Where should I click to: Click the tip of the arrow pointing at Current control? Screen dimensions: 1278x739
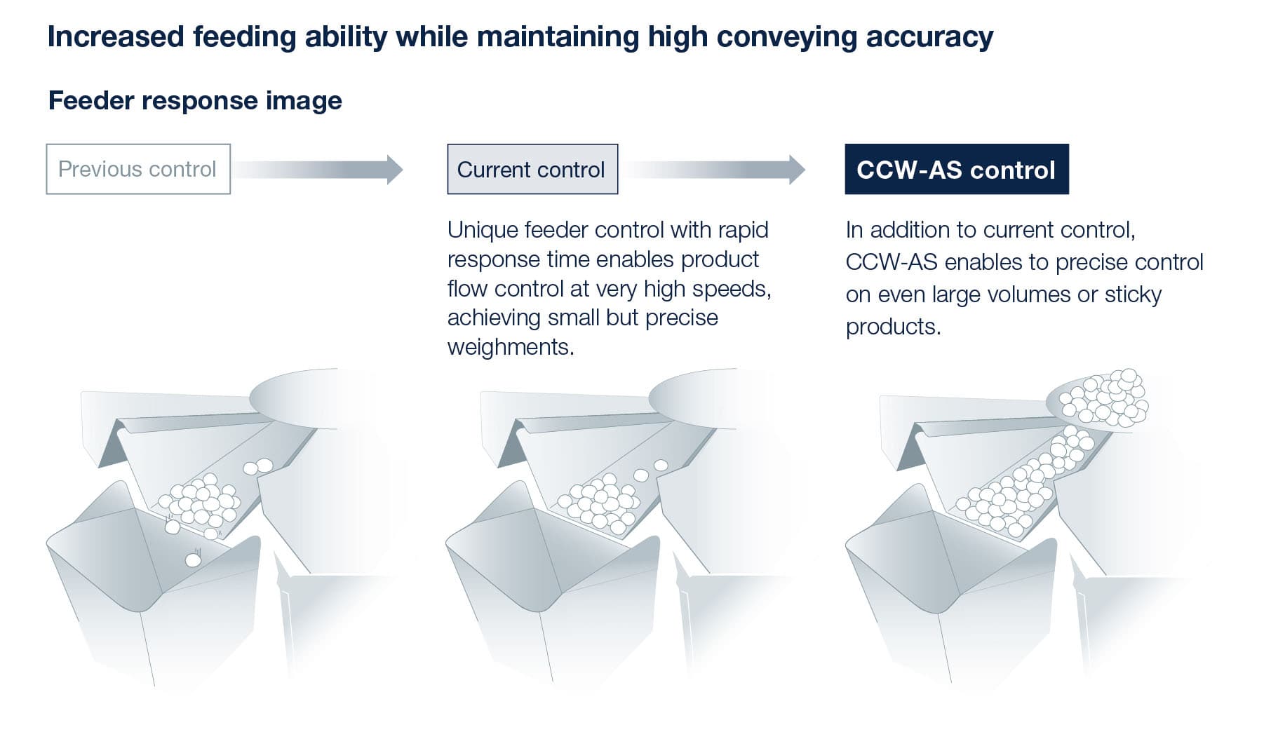point(403,169)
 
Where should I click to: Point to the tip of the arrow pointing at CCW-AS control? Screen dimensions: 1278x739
point(805,169)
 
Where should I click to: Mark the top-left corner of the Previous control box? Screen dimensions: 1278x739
point(46,144)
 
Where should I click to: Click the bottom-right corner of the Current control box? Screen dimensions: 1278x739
point(618,194)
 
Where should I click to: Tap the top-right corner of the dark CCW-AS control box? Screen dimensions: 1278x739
point(1068,144)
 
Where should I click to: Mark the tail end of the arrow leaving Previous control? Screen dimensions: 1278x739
point(235,169)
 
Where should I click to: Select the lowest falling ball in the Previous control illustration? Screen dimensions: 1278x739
point(193,560)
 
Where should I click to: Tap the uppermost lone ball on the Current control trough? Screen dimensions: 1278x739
point(661,465)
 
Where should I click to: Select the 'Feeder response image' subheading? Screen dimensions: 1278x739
point(195,100)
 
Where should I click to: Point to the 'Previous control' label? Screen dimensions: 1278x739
point(137,169)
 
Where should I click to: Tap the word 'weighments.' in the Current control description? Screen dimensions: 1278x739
point(511,347)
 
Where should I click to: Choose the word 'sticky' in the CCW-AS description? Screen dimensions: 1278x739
point(1133,294)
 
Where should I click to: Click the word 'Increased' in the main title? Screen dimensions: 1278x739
point(116,36)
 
